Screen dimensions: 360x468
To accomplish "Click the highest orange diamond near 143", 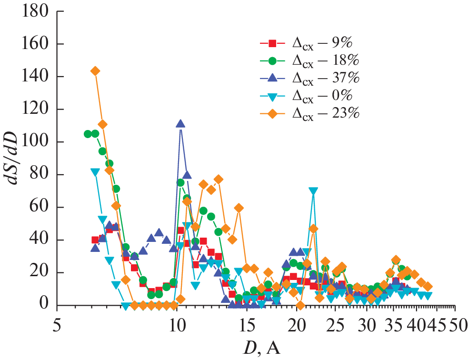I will [95, 71].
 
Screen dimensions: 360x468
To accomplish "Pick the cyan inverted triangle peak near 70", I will [313, 191].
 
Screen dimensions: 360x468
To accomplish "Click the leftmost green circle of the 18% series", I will [88, 134].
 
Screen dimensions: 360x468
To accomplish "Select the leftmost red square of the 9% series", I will [95, 240].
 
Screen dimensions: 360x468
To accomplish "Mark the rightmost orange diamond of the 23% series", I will [428, 286].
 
